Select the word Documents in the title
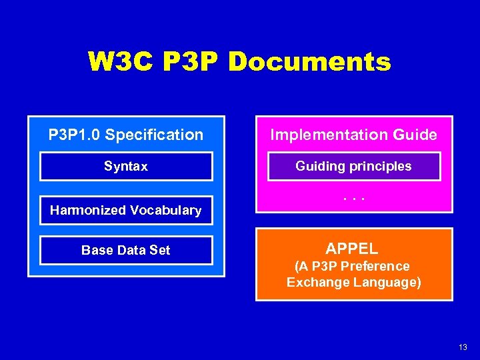(x=309, y=62)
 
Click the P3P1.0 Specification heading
(x=126, y=135)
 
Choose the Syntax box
(x=126, y=167)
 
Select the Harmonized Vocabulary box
(x=126, y=210)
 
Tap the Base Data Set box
(x=126, y=250)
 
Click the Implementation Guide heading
(x=353, y=135)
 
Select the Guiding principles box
(x=353, y=167)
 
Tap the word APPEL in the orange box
(x=352, y=249)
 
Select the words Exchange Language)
(x=353, y=282)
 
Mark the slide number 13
(x=463, y=347)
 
